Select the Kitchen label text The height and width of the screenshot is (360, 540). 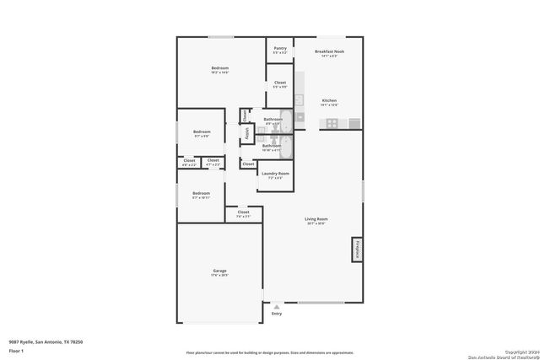[x=328, y=102]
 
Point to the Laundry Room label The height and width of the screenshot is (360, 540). [x=274, y=175]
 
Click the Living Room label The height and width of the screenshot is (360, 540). [x=316, y=221]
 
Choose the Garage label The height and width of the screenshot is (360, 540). [x=219, y=271]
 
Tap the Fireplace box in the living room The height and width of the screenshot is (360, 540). [x=356, y=250]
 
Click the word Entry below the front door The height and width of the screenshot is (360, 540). [x=276, y=314]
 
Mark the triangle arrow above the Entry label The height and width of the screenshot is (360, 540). [x=275, y=305]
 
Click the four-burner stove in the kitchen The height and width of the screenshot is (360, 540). [x=332, y=123]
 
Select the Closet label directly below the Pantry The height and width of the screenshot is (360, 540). [x=279, y=84]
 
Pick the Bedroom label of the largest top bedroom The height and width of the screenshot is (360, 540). [x=219, y=69]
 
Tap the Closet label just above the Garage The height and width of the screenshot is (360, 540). [x=243, y=214]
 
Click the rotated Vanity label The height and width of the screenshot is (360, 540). [x=247, y=133]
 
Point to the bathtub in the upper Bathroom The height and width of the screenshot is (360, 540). [x=286, y=120]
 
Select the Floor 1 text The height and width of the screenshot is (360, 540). [x=16, y=350]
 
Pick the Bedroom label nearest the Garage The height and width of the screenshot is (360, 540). [x=201, y=195]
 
